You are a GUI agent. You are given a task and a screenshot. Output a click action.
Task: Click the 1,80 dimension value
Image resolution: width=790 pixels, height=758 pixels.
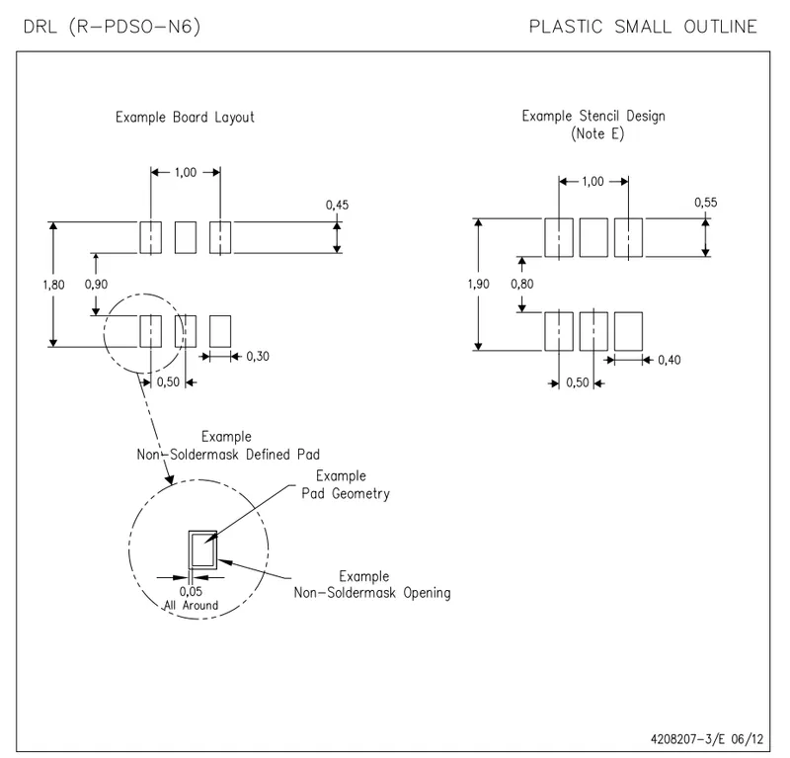click(x=53, y=285)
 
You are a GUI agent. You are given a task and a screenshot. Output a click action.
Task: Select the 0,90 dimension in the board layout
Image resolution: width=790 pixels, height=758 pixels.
click(x=96, y=285)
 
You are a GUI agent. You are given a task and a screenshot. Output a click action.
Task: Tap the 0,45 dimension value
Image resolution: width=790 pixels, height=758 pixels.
click(x=337, y=205)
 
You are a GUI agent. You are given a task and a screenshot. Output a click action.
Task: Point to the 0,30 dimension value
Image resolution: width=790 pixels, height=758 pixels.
click(x=258, y=357)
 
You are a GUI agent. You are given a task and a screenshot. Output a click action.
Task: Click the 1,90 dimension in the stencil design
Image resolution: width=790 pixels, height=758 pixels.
click(x=478, y=284)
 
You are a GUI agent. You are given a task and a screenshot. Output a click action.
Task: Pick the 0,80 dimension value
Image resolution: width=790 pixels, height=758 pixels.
click(x=522, y=284)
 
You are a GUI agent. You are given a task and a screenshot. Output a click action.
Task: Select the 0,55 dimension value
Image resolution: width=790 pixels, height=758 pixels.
click(x=705, y=203)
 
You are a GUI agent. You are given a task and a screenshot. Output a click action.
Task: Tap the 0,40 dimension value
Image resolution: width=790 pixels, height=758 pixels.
click(x=670, y=360)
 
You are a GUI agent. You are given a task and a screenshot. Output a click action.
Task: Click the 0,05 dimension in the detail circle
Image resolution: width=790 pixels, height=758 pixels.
click(x=191, y=591)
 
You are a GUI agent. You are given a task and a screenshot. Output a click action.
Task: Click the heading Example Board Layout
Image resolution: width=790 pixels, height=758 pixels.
click(x=185, y=117)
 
